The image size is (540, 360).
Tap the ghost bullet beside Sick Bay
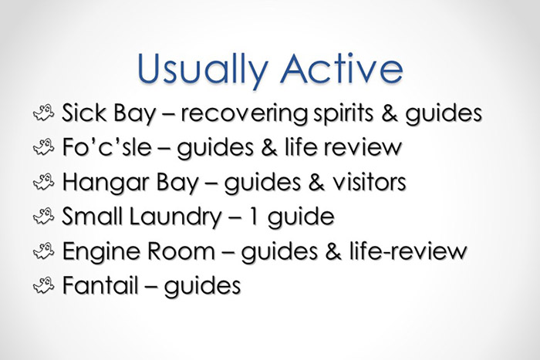[42, 114]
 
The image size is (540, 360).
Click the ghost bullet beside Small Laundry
[42, 217]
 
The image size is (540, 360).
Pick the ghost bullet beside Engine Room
[42, 251]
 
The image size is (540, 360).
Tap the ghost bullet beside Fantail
[42, 285]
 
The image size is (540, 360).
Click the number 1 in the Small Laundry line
[271, 217]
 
